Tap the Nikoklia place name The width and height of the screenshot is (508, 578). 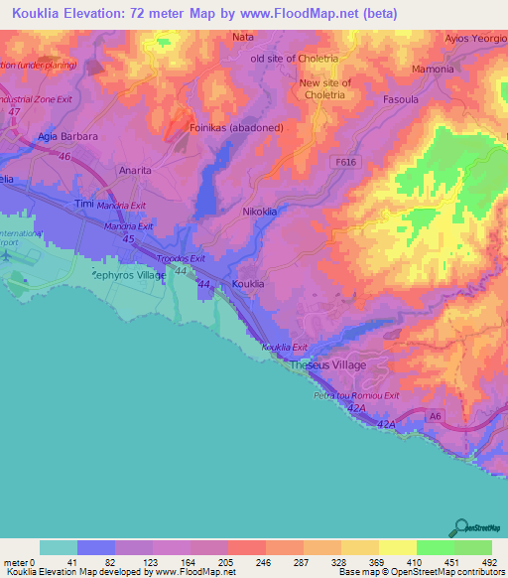point(262,212)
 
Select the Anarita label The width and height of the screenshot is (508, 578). point(135,170)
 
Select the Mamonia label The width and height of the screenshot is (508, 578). point(435,70)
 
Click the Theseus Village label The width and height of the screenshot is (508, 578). point(327,365)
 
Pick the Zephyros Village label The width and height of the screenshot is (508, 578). point(128,274)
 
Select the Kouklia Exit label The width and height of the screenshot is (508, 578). point(285,347)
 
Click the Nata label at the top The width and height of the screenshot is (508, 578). point(243,37)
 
